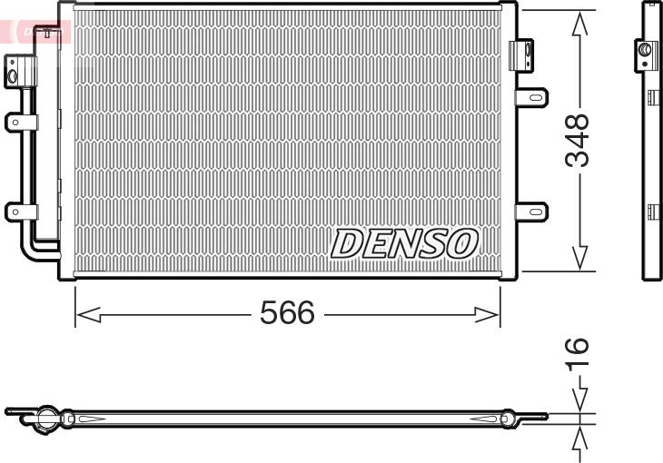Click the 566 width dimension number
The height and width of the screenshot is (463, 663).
pyautogui.click(x=287, y=312)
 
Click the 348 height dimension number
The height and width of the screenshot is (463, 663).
pyautogui.click(x=577, y=140)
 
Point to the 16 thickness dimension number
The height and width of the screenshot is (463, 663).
pyautogui.click(x=577, y=354)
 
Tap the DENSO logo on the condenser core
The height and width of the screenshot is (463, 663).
pyautogui.click(x=404, y=243)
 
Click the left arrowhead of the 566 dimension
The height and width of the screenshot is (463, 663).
pyautogui.click(x=88, y=315)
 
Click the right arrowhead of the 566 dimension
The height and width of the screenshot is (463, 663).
pyautogui.click(x=487, y=315)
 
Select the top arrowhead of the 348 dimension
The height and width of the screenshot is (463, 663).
pyautogui.click(x=579, y=24)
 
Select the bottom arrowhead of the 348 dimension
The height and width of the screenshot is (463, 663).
pyautogui.click(x=579, y=258)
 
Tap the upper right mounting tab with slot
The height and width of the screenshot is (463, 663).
pyautogui.click(x=531, y=98)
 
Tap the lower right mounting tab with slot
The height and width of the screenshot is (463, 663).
pyautogui.click(x=531, y=212)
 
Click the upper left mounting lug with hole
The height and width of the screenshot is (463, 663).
pyautogui.click(x=21, y=123)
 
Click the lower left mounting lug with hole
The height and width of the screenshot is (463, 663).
pyautogui.click(x=21, y=212)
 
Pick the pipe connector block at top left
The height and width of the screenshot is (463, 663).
pyautogui.click(x=20, y=72)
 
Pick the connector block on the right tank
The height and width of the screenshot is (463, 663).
pyautogui.click(x=521, y=55)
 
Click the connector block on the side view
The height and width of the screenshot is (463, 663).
pyautogui.click(x=646, y=55)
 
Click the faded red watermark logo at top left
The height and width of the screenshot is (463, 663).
pyautogui.click(x=35, y=31)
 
